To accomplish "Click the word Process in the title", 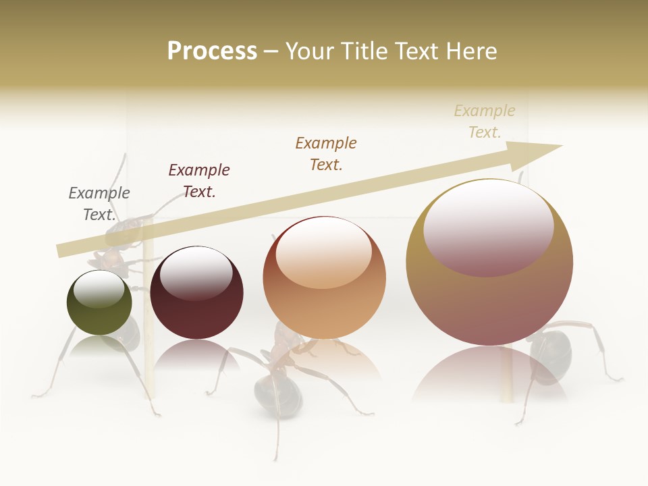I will [212, 51].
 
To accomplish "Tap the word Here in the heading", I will [470, 51].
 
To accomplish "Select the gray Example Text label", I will [99, 203].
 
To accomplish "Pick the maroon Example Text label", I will [199, 180].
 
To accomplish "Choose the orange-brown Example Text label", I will [326, 153].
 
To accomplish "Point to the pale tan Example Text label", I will [485, 121].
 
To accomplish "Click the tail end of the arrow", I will [59, 250].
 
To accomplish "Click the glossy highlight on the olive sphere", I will [99, 290].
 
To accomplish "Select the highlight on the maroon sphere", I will [196, 273].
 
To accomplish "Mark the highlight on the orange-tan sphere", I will [324, 252].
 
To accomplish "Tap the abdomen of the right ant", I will [550, 358].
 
